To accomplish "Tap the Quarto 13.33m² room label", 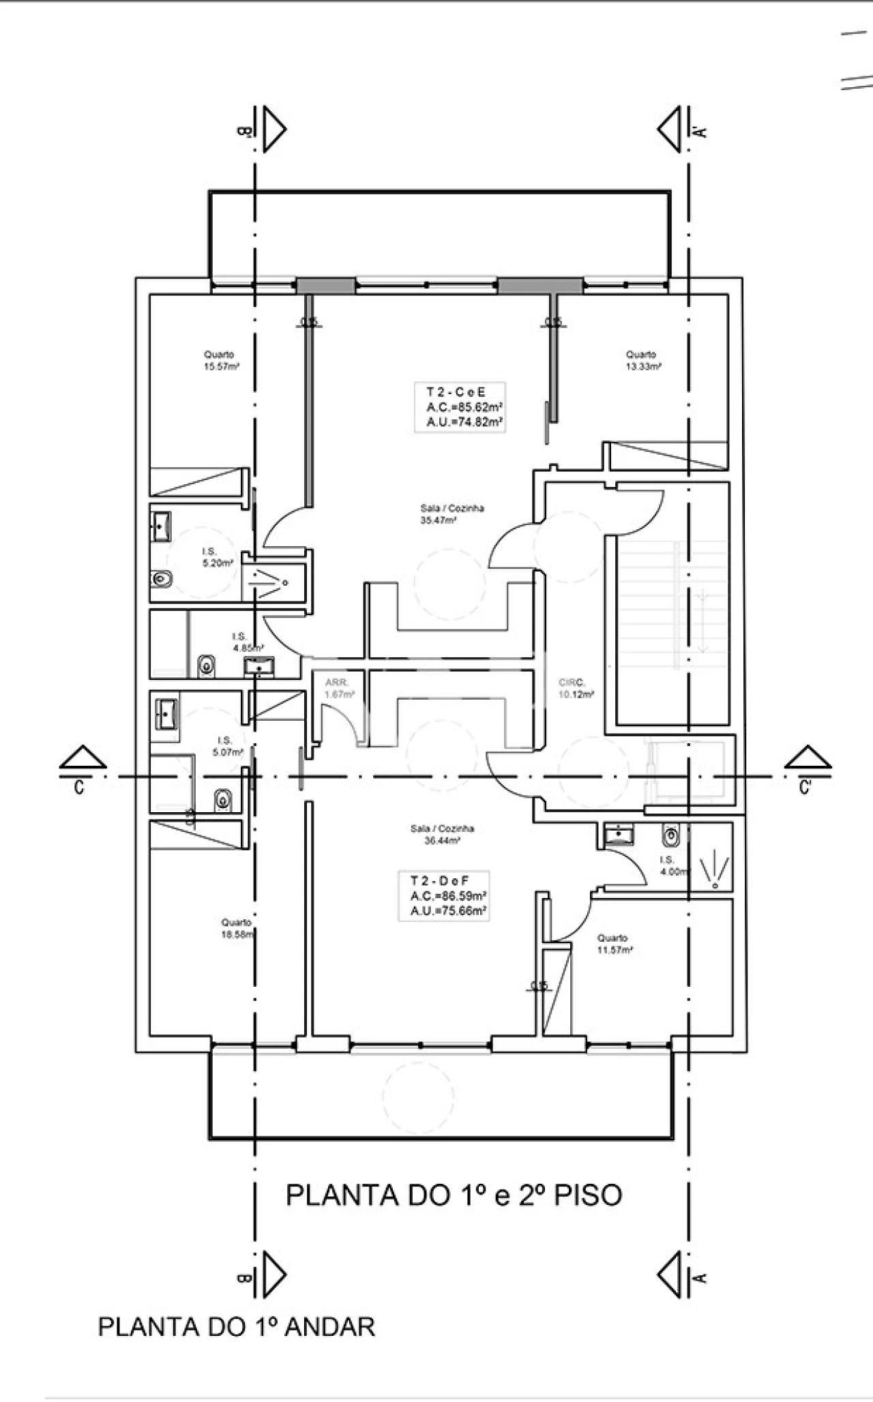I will pyautogui.click(x=643, y=360).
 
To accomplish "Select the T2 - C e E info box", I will pyautogui.click(x=460, y=407).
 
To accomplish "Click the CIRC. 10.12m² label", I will pyautogui.click(x=576, y=689).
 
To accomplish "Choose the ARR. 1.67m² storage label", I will pyautogui.click(x=339, y=689).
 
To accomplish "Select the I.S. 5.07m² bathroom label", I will pyautogui.click(x=227, y=747).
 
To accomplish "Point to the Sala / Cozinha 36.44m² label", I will pyautogui.click(x=442, y=835).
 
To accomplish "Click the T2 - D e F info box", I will pyautogui.click(x=443, y=896).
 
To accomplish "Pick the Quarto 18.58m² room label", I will pyautogui.click(x=237, y=928).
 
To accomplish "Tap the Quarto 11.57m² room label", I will pyautogui.click(x=614, y=944).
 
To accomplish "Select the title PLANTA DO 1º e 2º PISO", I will pyautogui.click(x=454, y=1195).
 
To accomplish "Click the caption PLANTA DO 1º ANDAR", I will pyautogui.click(x=236, y=1327).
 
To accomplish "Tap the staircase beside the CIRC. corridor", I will pyautogui.click(x=672, y=631).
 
